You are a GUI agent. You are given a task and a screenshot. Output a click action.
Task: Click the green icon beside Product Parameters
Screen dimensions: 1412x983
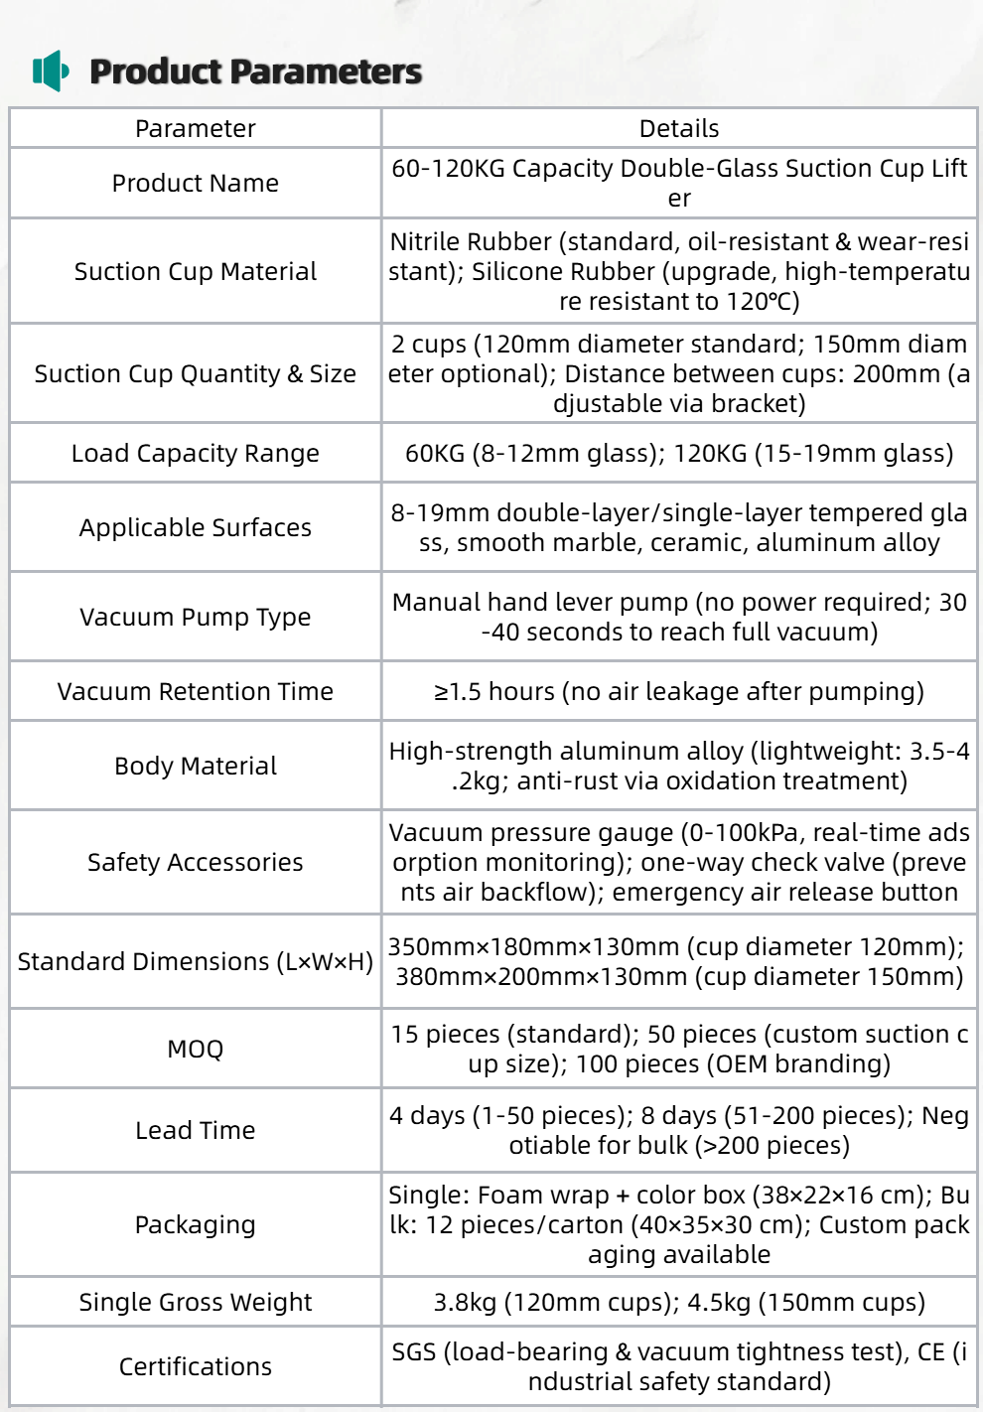click(51, 71)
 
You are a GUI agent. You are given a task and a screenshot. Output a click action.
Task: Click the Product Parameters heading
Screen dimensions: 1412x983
click(255, 71)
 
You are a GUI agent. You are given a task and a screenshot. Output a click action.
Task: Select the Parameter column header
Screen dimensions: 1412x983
click(196, 129)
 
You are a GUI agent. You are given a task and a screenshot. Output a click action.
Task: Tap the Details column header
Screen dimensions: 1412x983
click(679, 129)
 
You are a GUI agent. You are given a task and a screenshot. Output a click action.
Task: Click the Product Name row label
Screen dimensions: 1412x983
click(196, 184)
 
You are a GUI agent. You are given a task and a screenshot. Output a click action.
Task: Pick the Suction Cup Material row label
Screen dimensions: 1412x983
click(196, 272)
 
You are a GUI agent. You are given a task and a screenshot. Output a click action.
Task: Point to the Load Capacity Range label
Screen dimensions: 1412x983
click(196, 454)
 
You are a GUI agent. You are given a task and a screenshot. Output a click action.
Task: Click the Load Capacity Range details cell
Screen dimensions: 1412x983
click(679, 454)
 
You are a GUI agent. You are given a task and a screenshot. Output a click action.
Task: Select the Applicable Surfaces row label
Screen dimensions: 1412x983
click(196, 528)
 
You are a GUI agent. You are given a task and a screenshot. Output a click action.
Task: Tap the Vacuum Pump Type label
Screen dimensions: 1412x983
click(196, 618)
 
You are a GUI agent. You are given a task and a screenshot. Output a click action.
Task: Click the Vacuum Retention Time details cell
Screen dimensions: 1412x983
click(679, 692)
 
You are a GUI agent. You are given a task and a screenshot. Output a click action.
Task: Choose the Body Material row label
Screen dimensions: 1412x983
click(196, 767)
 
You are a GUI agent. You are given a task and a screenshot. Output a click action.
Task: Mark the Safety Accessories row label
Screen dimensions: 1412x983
click(196, 863)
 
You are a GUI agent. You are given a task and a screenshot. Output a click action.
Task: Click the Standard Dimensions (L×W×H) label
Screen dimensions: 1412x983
click(196, 962)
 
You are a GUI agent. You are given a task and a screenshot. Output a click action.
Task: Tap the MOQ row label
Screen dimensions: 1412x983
click(196, 1050)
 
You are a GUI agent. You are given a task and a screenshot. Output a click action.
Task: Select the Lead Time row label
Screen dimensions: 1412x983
click(196, 1131)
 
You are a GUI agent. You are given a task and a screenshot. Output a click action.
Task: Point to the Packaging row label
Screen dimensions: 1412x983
click(196, 1225)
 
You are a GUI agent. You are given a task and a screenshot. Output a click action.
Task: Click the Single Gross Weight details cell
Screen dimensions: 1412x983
click(679, 1303)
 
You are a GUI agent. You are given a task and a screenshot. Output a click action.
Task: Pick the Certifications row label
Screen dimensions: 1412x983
click(196, 1367)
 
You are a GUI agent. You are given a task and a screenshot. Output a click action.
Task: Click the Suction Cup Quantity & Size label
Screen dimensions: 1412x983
click(196, 374)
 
